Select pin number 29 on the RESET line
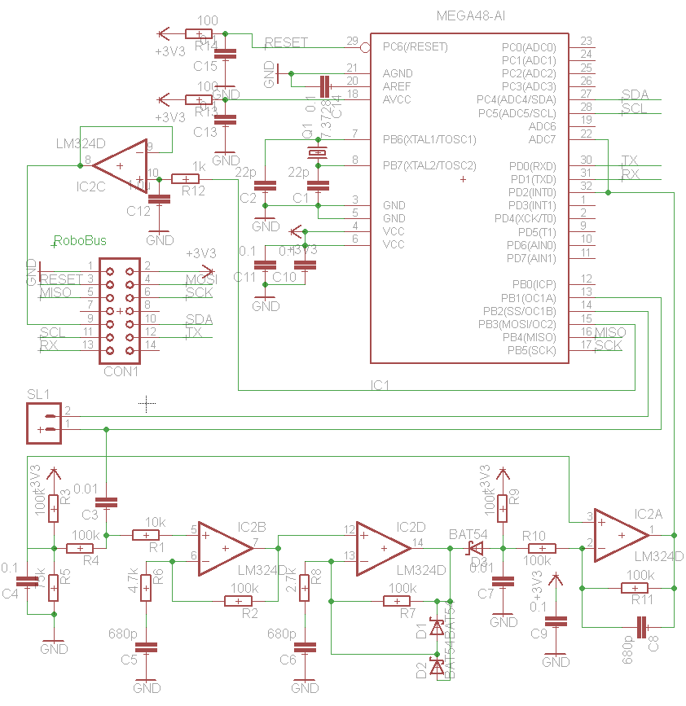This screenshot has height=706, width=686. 352,41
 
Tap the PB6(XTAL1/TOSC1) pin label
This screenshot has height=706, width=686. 429,139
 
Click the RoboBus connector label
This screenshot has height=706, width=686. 80,240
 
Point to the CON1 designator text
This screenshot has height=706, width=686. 121,371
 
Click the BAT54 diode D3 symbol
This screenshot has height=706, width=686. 473,549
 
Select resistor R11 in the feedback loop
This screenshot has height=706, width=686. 635,587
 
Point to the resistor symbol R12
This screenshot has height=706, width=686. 187,178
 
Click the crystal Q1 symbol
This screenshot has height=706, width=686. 315,152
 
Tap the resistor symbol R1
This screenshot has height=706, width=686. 146,535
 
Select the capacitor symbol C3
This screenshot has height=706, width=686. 107,503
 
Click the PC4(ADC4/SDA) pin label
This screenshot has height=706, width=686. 516,99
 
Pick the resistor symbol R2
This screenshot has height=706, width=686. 239,601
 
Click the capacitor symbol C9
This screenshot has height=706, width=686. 556,622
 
